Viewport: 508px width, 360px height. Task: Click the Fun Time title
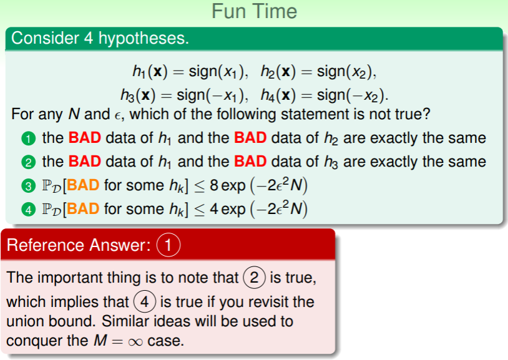(254, 11)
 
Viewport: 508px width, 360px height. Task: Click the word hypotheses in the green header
(144, 39)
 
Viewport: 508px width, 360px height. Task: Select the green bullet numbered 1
(29, 139)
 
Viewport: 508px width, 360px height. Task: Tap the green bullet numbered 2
(29, 162)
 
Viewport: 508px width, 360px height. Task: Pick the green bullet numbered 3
(29, 186)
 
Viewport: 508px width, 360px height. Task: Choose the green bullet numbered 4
(29, 210)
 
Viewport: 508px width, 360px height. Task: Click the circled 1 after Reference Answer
(169, 245)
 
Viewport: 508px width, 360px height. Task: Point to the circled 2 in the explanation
(255, 278)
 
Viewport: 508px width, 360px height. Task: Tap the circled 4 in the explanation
(145, 302)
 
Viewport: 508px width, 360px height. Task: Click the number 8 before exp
(214, 185)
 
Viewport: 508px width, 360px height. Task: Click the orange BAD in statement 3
(83, 185)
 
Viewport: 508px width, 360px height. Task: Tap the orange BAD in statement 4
(83, 209)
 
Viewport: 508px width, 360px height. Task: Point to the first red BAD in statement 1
(85, 138)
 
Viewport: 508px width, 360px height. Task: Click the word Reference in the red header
(46, 245)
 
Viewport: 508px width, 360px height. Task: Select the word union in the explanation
(25, 321)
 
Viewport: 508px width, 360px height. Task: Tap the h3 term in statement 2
(331, 162)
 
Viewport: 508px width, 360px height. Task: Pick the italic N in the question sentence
(74, 114)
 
